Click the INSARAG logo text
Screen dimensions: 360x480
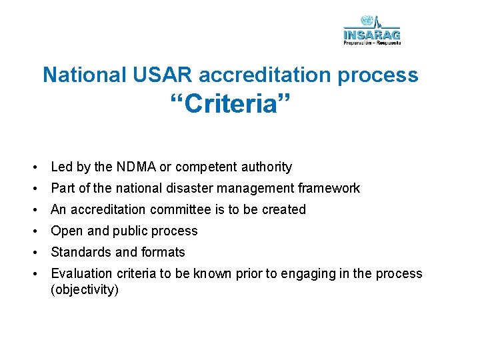tap(372, 34)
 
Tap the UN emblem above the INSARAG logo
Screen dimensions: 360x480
tap(366, 21)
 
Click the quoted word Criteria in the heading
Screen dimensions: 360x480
tap(230, 105)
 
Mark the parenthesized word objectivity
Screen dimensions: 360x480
tap(85, 290)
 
